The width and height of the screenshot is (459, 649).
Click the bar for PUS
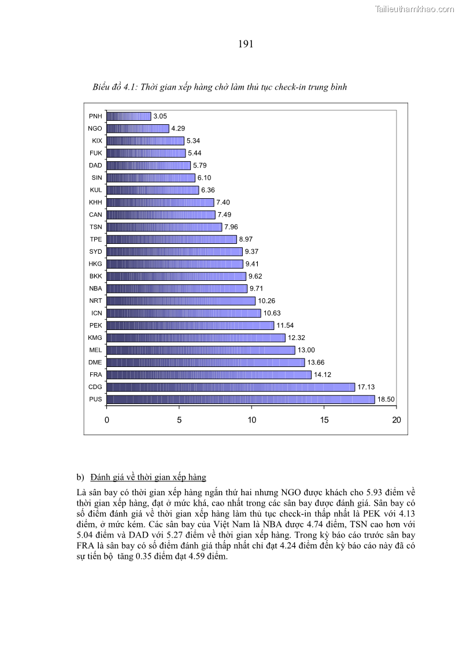click(240, 399)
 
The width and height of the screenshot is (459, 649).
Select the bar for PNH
click(129, 116)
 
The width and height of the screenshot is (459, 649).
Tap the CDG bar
click(231, 387)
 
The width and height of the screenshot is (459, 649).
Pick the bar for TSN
click(164, 227)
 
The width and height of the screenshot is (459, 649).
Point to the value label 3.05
click(160, 116)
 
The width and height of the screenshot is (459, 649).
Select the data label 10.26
click(266, 301)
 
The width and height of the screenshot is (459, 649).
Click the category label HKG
click(95, 264)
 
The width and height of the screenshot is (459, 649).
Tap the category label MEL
click(95, 350)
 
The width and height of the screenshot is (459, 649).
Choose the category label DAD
click(95, 165)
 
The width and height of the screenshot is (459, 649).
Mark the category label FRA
click(95, 375)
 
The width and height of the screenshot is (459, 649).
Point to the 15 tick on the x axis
click(324, 420)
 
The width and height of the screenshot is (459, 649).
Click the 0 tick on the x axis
click(107, 420)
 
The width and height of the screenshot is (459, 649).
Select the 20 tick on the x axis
click(396, 420)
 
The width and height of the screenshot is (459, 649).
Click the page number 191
click(246, 44)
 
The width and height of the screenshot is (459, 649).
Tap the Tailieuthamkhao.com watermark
click(414, 9)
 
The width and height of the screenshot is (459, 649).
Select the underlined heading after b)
click(148, 477)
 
